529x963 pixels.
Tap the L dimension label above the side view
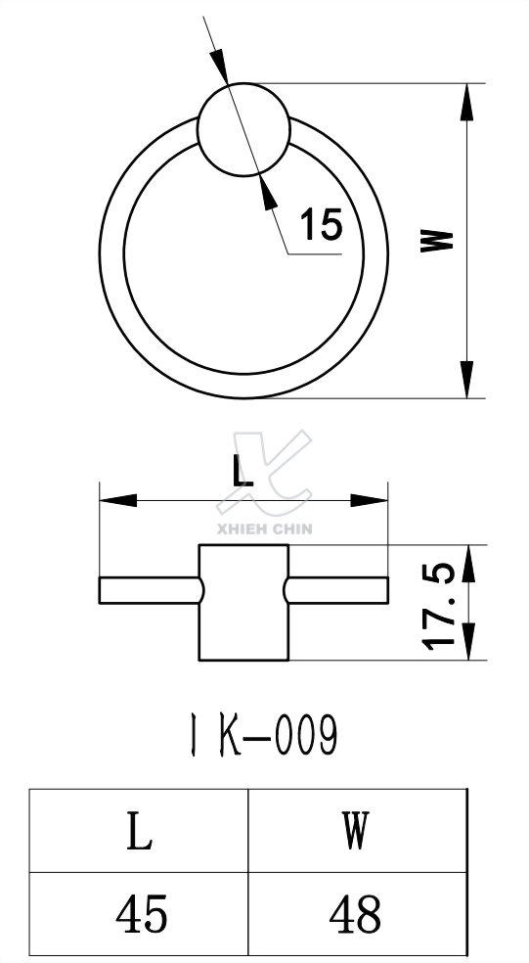coord(243,472)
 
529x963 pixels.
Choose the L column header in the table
coord(140,833)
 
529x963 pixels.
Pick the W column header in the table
coord(355,833)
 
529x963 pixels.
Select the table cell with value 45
coord(140,915)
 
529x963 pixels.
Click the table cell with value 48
coord(355,915)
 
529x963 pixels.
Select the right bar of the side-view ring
coord(337,589)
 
